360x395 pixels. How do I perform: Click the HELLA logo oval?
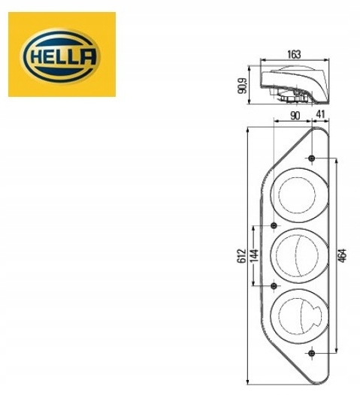[62, 55]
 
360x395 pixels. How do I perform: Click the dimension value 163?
[294, 53]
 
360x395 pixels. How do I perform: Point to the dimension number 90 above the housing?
[294, 115]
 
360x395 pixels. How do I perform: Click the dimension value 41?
[320, 115]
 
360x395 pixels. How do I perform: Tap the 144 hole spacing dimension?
[254, 255]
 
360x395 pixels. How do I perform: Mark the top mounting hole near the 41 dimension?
[312, 158]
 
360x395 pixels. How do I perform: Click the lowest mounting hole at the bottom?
[312, 351]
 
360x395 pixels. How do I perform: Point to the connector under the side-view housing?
[289, 97]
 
